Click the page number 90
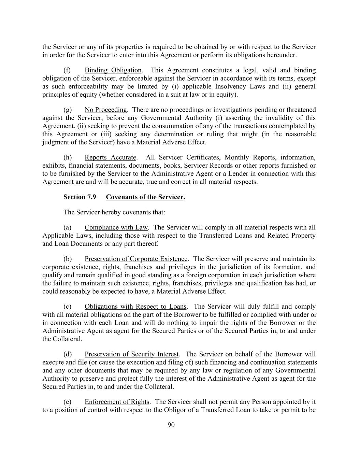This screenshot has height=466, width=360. (171, 425)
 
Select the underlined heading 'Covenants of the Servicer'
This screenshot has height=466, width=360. (145, 197)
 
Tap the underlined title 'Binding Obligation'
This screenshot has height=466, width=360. (113, 70)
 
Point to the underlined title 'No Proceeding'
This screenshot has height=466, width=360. (105, 110)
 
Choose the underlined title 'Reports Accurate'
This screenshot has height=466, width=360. (110, 157)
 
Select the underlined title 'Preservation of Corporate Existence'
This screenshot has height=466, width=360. (136, 259)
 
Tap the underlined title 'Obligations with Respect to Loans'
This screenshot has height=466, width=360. (135, 307)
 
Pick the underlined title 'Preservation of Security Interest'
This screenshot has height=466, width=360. (131, 354)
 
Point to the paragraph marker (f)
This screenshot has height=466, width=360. (67, 70)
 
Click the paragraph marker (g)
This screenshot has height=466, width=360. (68, 110)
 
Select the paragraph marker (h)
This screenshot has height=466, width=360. (68, 157)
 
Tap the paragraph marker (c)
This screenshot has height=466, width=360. (67, 307)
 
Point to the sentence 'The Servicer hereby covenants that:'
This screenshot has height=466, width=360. (114, 212)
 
